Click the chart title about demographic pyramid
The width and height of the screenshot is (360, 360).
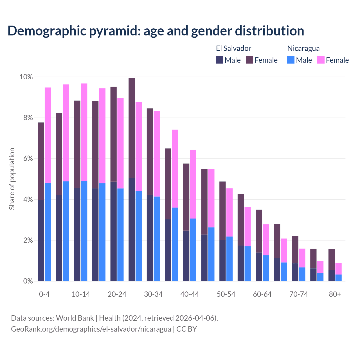(x=156, y=31)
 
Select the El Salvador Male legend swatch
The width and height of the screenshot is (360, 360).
(x=220, y=60)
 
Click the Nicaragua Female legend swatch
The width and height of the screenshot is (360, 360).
(x=321, y=60)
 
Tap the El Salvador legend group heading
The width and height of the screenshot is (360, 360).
(x=233, y=48)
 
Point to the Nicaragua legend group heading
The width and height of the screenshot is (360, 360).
(x=303, y=48)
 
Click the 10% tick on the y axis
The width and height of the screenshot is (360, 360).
(x=26, y=77)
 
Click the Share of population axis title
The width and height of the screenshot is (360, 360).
(x=12, y=179)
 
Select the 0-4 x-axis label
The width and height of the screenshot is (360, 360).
(x=44, y=294)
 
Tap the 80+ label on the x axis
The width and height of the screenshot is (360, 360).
(x=335, y=294)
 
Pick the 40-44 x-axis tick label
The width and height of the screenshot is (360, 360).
(x=190, y=294)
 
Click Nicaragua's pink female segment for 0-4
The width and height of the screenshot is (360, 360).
(x=48, y=135)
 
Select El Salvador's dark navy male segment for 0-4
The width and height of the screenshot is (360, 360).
(x=41, y=240)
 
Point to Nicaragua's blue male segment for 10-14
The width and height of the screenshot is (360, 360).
(x=84, y=231)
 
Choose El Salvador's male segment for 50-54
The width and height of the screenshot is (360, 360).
(x=222, y=260)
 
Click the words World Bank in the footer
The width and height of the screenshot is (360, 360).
(x=75, y=318)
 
